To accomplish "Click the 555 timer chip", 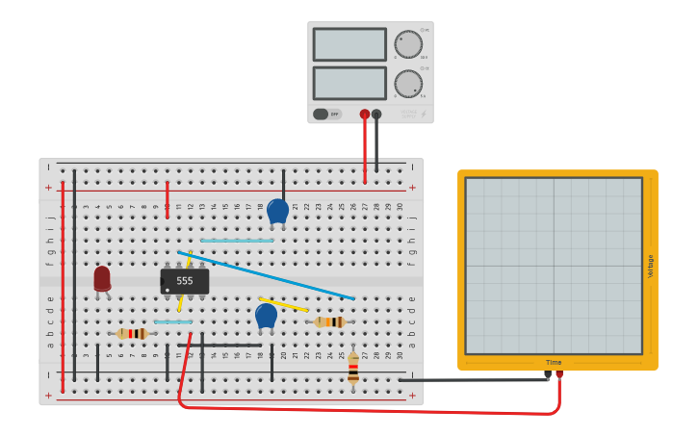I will (x=185, y=281).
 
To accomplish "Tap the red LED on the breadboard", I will (x=102, y=279).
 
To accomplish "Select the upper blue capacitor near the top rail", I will (x=277, y=210).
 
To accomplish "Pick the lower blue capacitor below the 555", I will (x=266, y=316).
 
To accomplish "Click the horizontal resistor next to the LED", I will (x=132, y=333).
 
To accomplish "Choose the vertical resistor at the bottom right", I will (x=353, y=367).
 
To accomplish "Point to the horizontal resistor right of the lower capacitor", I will (x=331, y=321).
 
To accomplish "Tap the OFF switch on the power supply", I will (x=327, y=114).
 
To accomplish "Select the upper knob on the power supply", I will (x=408, y=44).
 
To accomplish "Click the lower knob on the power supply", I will (x=408, y=84).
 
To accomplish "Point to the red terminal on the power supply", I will (x=365, y=115).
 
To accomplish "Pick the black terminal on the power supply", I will (x=376, y=115).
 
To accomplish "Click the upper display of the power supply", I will (x=349, y=44).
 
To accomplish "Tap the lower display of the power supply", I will (x=349, y=83).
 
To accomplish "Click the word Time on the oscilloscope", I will (x=554, y=363).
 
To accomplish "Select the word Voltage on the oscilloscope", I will (x=650, y=267).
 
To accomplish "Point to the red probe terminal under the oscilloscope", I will (x=558, y=375).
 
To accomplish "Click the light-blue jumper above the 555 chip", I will (x=237, y=241).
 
